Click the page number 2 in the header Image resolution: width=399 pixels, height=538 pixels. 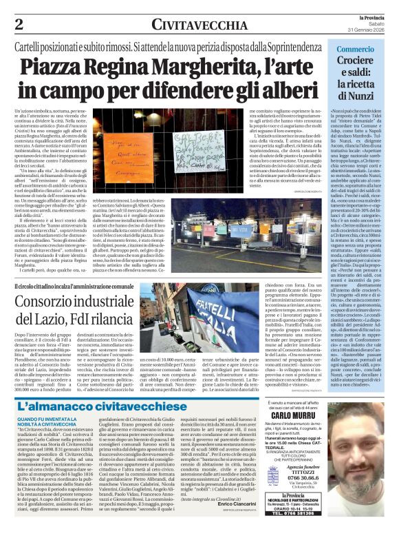(18, 23)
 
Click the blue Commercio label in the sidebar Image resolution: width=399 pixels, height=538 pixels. (355, 49)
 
